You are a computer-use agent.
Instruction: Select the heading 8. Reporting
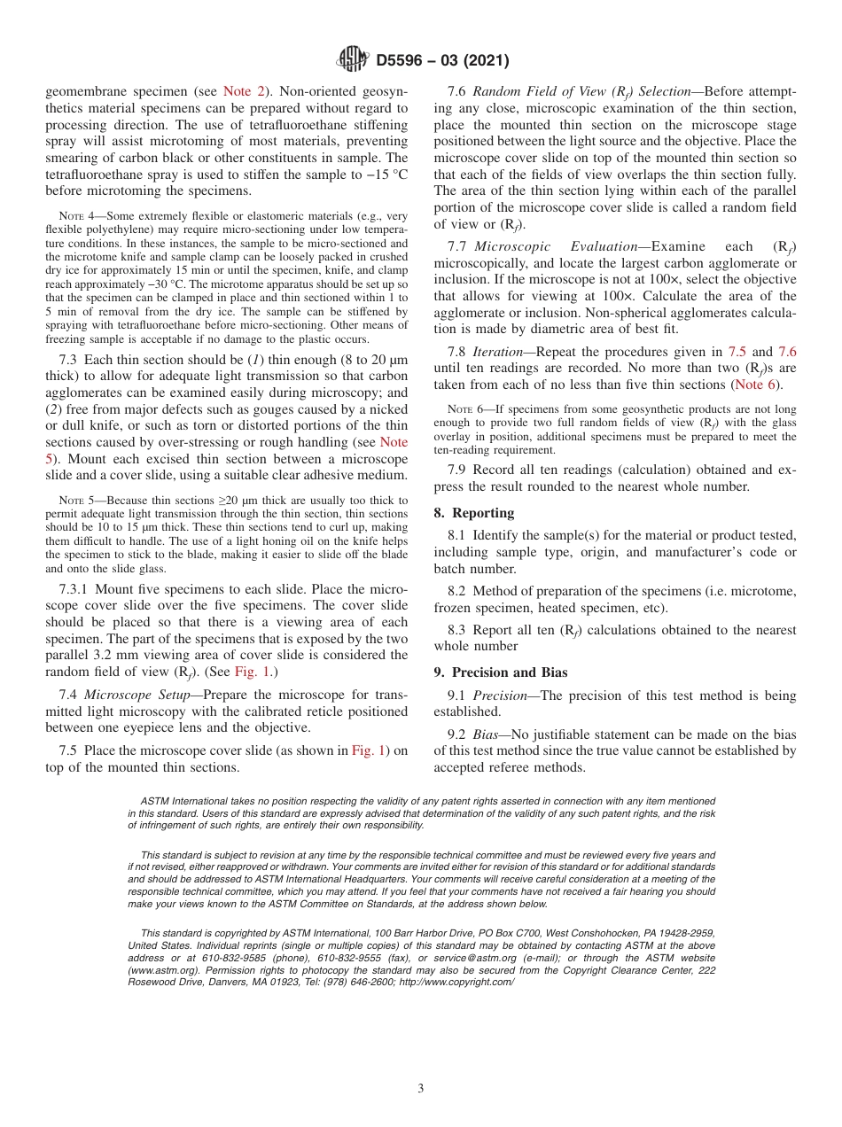point(473,513)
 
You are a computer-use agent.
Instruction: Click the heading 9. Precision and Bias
point(501,672)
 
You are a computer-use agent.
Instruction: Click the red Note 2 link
point(238,91)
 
